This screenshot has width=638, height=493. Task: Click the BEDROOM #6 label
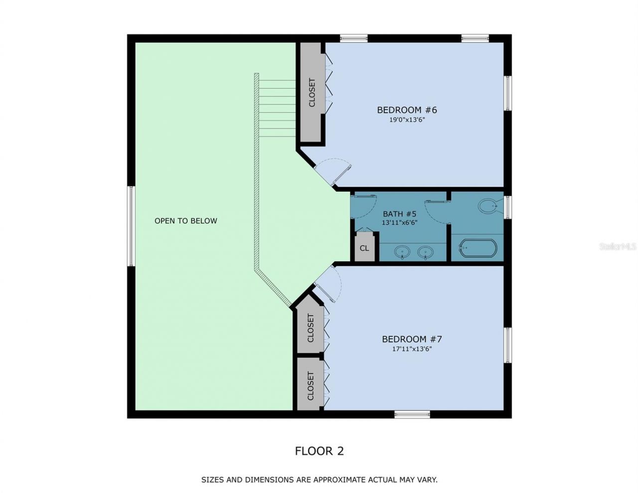[x=407, y=110]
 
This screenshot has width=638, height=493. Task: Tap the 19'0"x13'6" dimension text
[x=407, y=120]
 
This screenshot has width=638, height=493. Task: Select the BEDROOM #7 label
[x=412, y=339]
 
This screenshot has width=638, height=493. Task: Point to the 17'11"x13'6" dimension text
[x=412, y=349]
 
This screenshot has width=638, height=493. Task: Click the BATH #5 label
[x=399, y=214]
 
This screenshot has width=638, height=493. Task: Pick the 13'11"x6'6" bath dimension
[x=399, y=223]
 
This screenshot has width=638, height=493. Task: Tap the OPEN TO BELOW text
[x=185, y=221]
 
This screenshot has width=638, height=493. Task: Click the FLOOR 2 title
[x=319, y=451]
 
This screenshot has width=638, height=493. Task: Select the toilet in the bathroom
[x=488, y=206]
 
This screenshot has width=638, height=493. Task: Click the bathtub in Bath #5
[x=478, y=248]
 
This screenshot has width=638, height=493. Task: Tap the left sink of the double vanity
[x=402, y=252]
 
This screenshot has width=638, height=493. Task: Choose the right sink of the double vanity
[x=425, y=252]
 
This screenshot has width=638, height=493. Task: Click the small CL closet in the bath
[x=364, y=248]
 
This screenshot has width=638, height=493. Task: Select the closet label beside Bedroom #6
[x=312, y=93]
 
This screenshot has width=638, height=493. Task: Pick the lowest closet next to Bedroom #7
[x=311, y=385]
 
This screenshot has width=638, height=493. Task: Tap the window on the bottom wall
[x=412, y=414]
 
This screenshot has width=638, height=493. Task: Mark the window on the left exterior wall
[x=131, y=226]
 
